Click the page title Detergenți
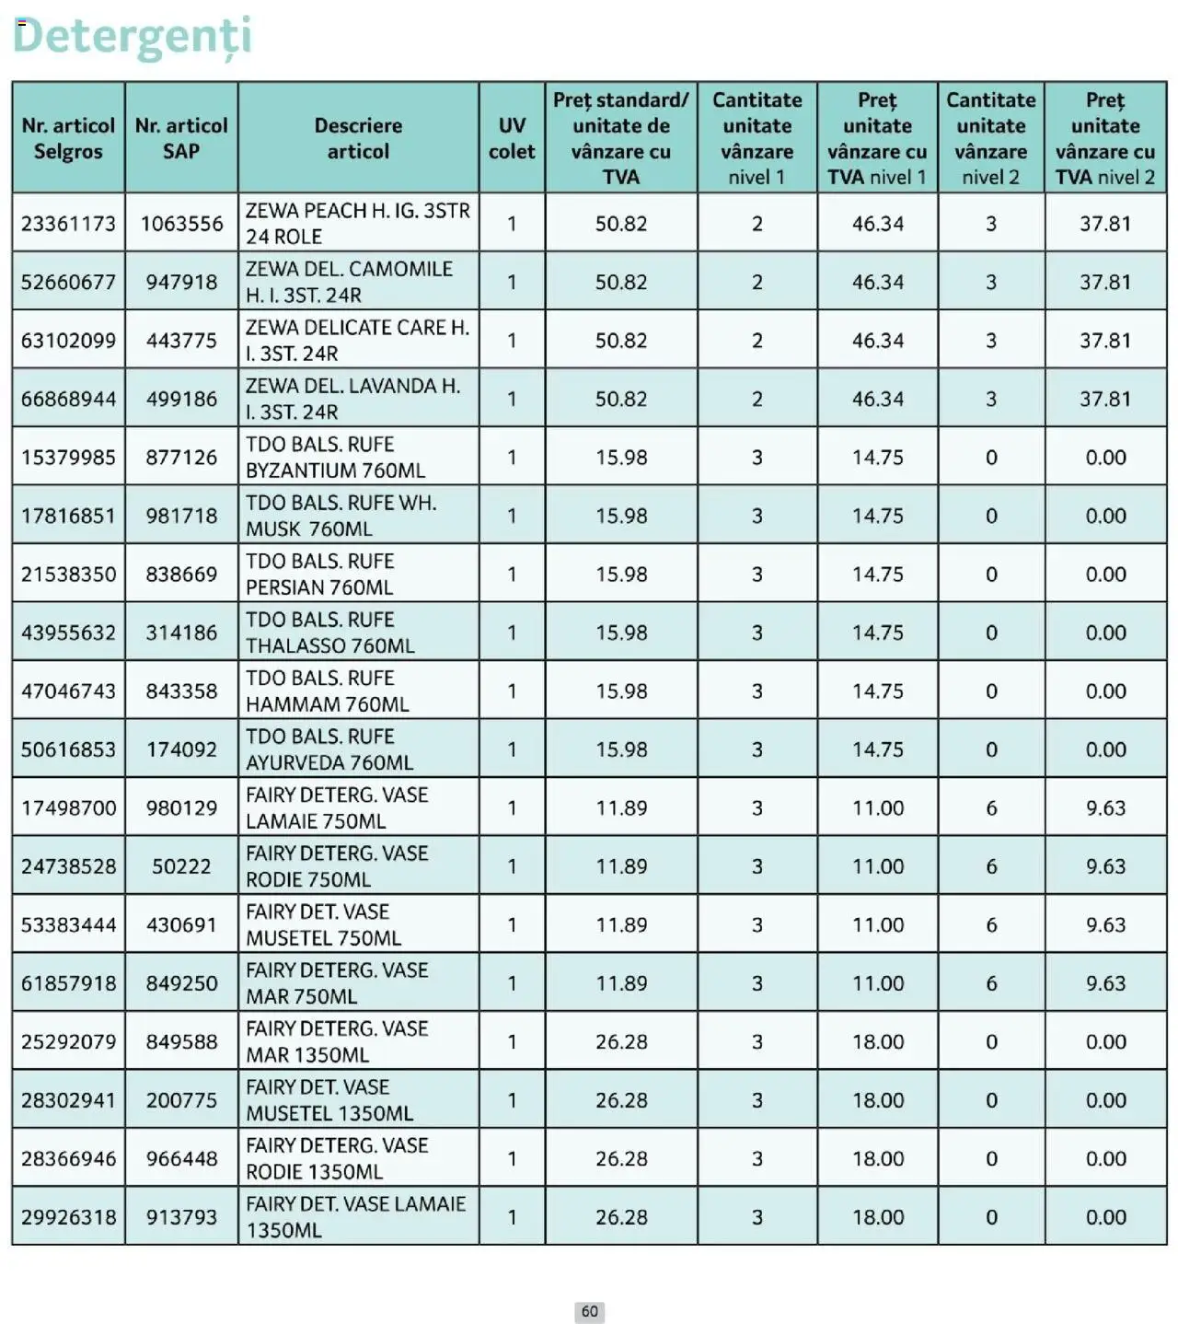pyautogui.click(x=132, y=36)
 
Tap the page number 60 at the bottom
pyautogui.click(x=589, y=1311)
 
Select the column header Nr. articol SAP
pyautogui.click(x=181, y=138)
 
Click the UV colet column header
pyautogui.click(x=512, y=138)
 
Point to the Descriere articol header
pyautogui.click(x=358, y=138)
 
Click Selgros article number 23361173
pyautogui.click(x=68, y=224)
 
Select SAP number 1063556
pyautogui.click(x=181, y=224)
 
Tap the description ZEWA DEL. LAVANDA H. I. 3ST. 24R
pyautogui.click(x=352, y=399)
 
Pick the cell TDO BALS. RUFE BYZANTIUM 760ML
pyautogui.click(x=335, y=458)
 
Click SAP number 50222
pyautogui.click(x=181, y=866)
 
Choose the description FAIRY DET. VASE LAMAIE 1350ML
pyautogui.click(x=355, y=1216)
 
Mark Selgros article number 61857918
pyautogui.click(x=68, y=983)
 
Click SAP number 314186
pyautogui.click(x=181, y=633)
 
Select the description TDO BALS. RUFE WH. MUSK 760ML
pyautogui.click(x=341, y=516)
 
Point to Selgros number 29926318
pyautogui.click(x=68, y=1217)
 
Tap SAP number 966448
pyautogui.click(x=181, y=1158)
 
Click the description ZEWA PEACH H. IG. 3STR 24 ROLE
pyautogui.click(x=357, y=224)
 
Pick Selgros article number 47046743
pyautogui.click(x=68, y=691)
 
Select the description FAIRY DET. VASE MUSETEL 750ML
pyautogui.click(x=323, y=924)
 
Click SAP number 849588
pyautogui.click(x=181, y=1041)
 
